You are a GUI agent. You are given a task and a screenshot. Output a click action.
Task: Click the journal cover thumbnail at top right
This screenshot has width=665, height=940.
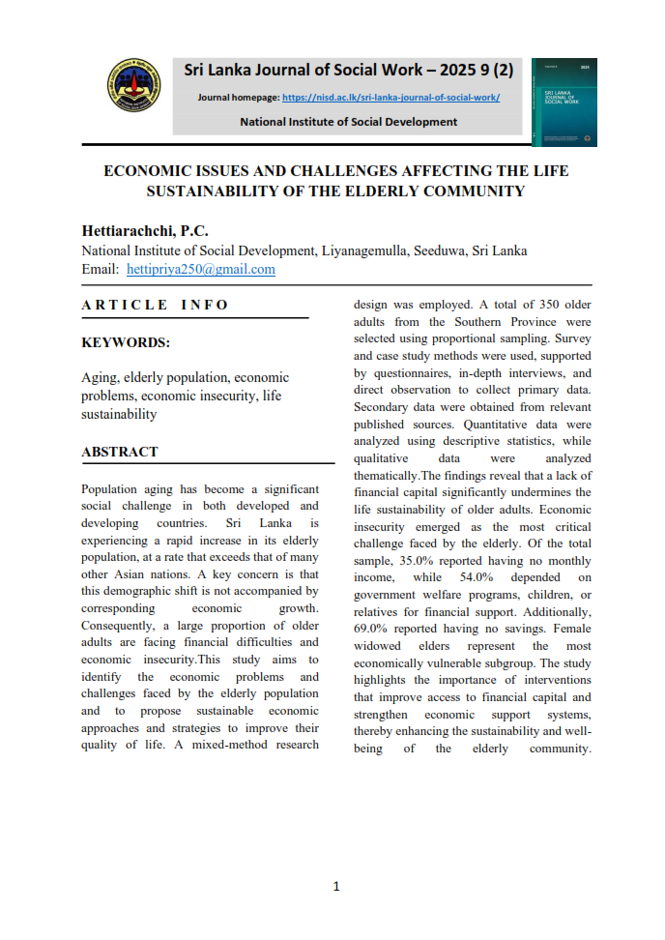tap(564, 103)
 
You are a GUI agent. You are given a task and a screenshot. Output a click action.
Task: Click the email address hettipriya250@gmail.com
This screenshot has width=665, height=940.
tap(201, 270)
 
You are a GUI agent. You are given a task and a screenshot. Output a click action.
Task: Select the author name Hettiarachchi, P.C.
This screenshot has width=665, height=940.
tap(145, 232)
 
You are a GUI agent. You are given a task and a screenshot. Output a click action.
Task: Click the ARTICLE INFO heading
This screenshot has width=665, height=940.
tap(155, 306)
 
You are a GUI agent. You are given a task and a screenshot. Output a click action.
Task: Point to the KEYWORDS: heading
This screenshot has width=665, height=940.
tap(126, 342)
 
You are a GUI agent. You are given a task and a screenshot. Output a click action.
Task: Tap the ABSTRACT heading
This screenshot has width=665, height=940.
tap(120, 452)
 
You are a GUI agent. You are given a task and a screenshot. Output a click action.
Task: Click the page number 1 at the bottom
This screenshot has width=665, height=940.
tap(335, 886)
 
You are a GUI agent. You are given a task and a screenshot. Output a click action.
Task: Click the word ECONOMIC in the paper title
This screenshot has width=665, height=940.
tap(177, 171)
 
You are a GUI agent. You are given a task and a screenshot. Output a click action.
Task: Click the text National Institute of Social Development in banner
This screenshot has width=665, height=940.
tap(348, 122)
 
